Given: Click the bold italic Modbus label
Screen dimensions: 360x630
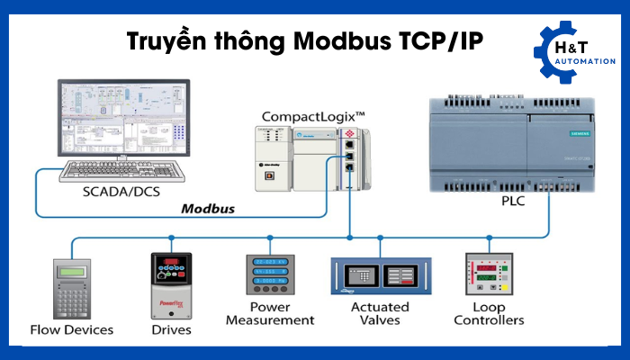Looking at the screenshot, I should pyautogui.click(x=208, y=209).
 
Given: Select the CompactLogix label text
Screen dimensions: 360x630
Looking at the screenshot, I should pyautogui.click(x=312, y=117).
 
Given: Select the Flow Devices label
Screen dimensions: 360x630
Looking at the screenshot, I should pyautogui.click(x=72, y=328).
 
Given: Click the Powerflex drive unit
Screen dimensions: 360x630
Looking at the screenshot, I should pyautogui.click(x=170, y=284).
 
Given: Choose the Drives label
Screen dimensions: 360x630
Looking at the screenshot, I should pyautogui.click(x=171, y=328).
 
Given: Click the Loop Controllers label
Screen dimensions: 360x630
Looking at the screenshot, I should pyautogui.click(x=489, y=313).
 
